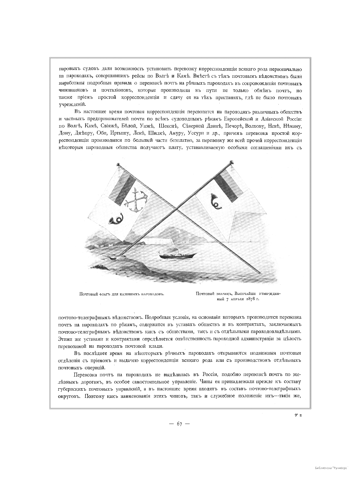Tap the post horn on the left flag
114,219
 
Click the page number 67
180,424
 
